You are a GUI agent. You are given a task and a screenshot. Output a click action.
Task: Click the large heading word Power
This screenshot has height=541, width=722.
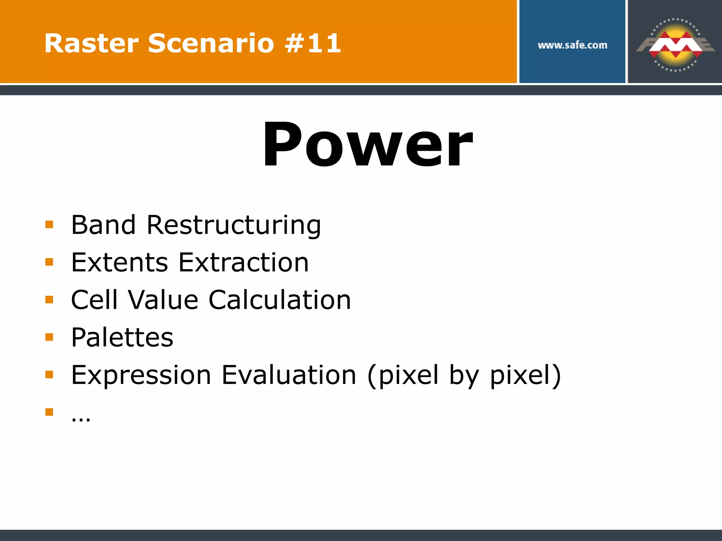(367, 145)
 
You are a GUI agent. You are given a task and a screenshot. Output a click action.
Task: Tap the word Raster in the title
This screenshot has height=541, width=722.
(91, 43)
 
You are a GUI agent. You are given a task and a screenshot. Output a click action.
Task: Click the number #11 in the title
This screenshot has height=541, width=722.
(313, 43)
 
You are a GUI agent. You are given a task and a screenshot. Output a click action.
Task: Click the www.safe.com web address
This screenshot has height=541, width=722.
(572, 45)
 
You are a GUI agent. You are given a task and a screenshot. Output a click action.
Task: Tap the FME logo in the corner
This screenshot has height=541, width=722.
(675, 45)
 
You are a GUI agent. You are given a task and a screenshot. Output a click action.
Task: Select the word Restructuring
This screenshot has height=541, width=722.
(234, 225)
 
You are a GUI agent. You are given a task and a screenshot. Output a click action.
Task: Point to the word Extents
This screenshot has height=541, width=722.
(120, 262)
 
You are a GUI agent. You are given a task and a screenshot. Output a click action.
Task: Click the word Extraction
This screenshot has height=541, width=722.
(244, 262)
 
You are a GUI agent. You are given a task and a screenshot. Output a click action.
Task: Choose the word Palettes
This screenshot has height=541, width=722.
(122, 337)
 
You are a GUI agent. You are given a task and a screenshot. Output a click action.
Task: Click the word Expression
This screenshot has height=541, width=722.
(141, 375)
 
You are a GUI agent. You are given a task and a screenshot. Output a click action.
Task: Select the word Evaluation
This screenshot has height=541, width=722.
(289, 375)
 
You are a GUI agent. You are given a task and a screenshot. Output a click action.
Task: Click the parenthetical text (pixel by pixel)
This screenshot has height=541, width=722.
(464, 375)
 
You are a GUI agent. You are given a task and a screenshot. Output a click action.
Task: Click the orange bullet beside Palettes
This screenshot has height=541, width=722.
(49, 337)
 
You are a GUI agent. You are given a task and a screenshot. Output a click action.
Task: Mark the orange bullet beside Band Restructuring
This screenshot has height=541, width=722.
(49, 224)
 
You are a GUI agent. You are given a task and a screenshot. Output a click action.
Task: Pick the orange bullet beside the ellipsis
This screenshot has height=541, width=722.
(49, 412)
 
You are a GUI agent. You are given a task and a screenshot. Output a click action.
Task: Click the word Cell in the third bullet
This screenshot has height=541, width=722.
(94, 300)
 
